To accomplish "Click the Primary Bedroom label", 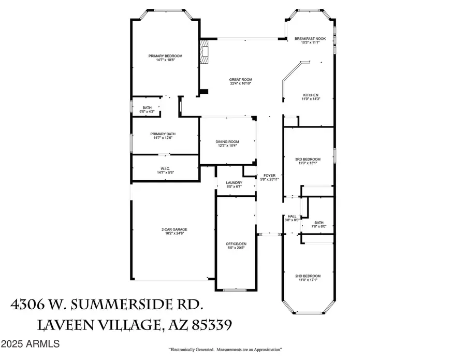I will pos(165,56).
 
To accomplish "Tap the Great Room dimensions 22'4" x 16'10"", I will pos(240,83).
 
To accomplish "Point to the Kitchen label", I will pos(310,95).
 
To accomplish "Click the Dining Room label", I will pos(227,141).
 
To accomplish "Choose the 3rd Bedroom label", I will pos(308,159).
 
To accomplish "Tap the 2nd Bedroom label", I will pos(308,276).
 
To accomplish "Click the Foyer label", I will pos(269,175).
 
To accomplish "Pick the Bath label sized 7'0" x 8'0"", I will pos(318,223).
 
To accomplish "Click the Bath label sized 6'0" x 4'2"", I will pos(147,108).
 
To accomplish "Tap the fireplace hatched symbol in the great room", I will pos(206,52).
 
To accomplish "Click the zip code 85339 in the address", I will pos(206,325).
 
